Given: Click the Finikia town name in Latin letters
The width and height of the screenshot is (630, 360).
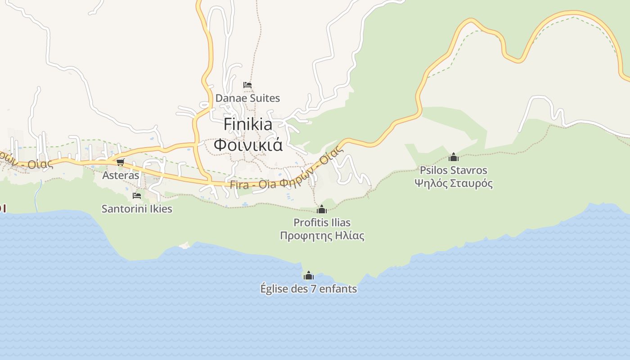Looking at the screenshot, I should pos(248,124).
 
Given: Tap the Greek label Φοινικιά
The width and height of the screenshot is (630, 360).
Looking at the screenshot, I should pos(248,145).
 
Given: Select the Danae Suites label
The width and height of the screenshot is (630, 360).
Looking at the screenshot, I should pos(247,98).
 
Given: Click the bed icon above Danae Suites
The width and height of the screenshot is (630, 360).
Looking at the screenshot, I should pos(247,85).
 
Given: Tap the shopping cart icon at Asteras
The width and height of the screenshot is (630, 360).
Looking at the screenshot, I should pos(120,162).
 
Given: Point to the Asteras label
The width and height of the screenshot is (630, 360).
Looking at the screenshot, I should pos(121,175).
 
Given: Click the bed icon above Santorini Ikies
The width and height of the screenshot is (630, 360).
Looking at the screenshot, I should pos(137,196).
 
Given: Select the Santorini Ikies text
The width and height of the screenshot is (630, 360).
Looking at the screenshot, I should pos(137,209).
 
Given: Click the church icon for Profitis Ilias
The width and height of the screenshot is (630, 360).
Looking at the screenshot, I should pos(322,209).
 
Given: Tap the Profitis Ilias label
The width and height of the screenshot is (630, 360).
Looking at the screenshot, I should pos(322,222).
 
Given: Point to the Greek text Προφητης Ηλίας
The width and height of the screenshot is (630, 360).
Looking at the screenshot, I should pos(322,235).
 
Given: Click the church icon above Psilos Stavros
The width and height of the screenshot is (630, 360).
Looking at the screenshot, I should pos(454,157).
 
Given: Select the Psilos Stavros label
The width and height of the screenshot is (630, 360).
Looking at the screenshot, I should pos(454,170).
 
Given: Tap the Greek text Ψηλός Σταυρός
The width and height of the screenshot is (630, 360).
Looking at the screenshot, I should pos(454,183).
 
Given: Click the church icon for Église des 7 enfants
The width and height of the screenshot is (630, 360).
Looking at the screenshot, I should pos(309,275).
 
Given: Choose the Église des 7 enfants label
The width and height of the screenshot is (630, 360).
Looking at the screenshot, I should pos(309,288).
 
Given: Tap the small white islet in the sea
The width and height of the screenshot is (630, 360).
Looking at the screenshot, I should pos(184,245).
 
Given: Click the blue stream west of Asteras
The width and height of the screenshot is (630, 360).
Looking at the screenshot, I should pos(38,191).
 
